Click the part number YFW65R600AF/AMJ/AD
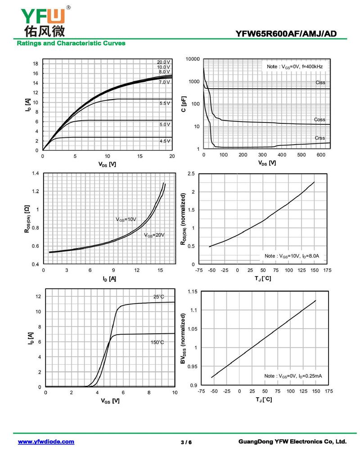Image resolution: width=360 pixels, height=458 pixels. pos(285,34)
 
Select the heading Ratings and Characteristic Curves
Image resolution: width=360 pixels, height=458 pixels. pos(71,43)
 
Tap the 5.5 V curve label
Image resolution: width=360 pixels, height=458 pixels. pos(165,103)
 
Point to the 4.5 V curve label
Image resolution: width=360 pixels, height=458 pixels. pos(165,141)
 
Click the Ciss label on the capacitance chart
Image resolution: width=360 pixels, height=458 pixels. pos(320,82)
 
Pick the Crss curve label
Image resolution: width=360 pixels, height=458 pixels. pos(319,138)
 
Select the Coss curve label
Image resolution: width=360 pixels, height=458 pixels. pos(319,119)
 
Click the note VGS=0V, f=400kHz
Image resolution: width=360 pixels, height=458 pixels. pos(294,66)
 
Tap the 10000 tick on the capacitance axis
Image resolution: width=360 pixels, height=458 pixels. pos(192,59)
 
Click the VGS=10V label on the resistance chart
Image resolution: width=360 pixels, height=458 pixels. pos(126,219)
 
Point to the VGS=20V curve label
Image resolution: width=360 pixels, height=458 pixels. pos(154,235)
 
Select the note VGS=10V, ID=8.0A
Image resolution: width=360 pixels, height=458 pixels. pos(292,256)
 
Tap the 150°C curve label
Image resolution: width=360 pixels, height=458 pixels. pos(157,342)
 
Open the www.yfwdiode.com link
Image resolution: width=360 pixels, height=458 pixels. pos(46,442)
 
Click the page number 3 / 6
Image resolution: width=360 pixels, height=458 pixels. pos(186,442)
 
